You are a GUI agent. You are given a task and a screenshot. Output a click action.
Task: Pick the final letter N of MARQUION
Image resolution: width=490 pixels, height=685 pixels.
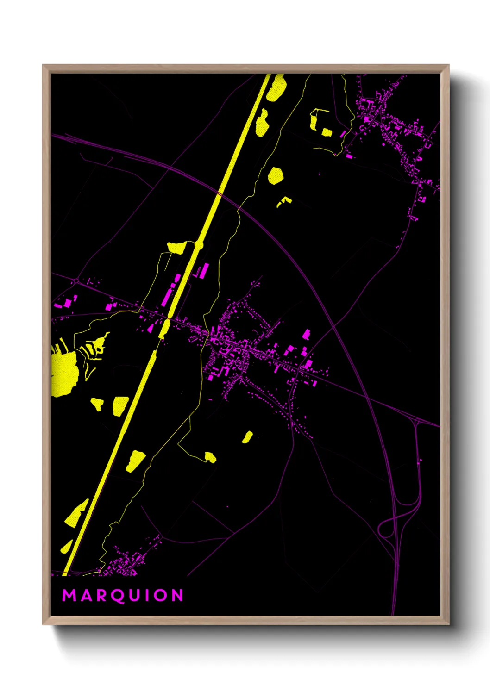tap(178, 595)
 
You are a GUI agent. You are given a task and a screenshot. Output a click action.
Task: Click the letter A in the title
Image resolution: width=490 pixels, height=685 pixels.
tap(86, 595)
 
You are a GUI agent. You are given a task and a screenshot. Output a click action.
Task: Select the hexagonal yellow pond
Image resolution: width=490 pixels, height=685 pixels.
tap(275, 176)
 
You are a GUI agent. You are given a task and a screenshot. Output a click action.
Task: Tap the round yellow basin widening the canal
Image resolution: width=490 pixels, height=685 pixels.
tap(199, 245)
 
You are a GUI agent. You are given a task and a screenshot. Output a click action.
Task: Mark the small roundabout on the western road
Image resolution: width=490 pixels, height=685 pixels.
tap(75, 280)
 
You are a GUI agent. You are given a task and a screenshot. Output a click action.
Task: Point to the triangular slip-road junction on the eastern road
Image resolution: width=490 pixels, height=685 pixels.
tap(417, 421)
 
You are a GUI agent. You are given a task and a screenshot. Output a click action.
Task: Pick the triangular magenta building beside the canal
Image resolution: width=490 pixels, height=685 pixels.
tap(150, 328)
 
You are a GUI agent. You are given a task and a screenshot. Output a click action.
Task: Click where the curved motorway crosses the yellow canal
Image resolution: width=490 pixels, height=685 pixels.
tap(220, 193)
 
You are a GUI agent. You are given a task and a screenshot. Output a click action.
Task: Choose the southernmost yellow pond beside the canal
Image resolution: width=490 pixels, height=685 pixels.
tap(67, 547)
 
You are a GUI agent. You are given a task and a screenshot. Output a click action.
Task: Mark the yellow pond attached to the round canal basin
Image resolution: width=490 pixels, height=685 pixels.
tap(177, 247)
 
